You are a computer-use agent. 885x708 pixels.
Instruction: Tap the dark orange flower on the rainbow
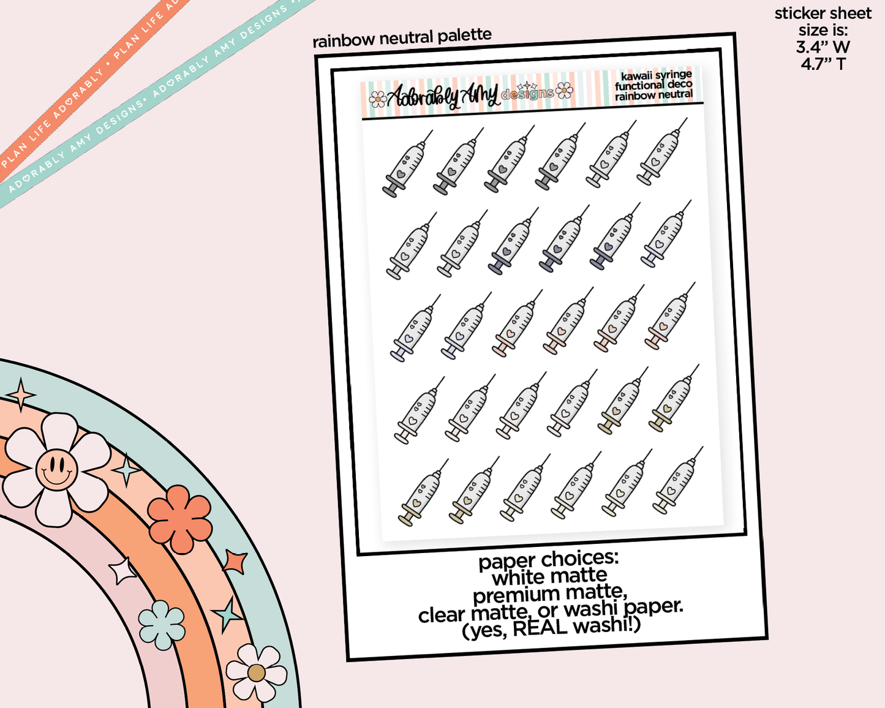[179, 519]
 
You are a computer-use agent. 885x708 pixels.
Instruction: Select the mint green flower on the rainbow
[162, 625]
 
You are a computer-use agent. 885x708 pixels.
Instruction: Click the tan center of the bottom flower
[256, 673]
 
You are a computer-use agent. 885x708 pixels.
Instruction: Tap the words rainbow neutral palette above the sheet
[402, 38]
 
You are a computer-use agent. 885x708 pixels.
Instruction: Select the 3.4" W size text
[823, 47]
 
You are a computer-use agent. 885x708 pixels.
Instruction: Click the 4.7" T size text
[823, 64]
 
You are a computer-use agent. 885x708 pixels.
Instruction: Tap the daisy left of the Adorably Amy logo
[377, 99]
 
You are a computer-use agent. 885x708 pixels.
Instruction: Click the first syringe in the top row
[407, 164]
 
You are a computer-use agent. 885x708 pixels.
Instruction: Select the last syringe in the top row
[661, 151]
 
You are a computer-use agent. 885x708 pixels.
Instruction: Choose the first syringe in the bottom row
[423, 492]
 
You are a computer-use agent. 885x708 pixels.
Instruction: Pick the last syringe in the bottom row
[678, 480]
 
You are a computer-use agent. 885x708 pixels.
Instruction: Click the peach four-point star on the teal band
[21, 394]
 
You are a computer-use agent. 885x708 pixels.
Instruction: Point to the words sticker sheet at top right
[823, 13]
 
